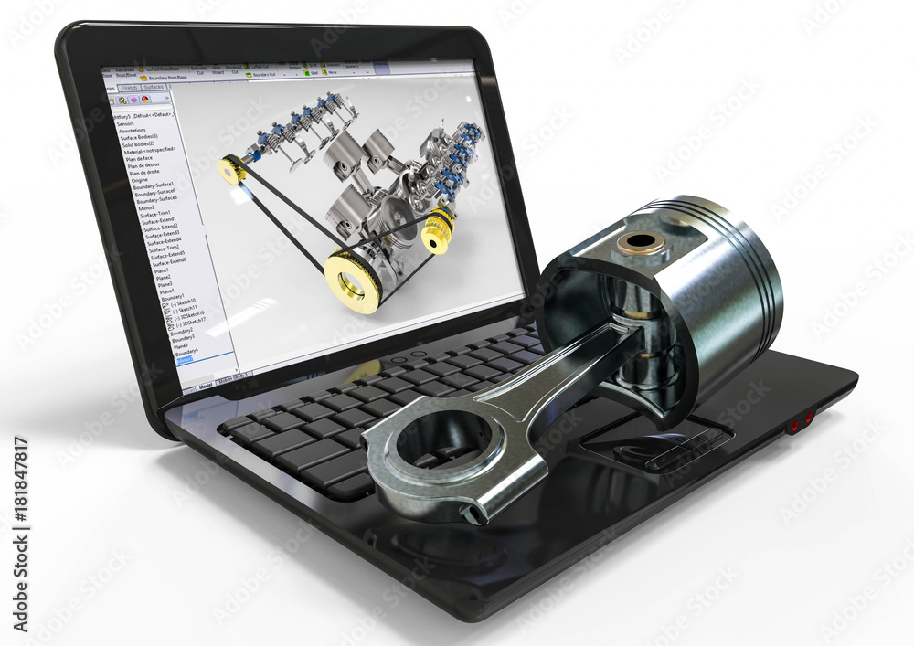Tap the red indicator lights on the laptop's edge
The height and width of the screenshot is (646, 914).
801,422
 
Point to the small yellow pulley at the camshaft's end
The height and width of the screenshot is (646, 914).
231,170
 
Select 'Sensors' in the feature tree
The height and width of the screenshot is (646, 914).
127,123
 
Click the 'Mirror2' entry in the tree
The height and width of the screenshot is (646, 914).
146,207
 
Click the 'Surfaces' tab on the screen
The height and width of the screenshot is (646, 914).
154,88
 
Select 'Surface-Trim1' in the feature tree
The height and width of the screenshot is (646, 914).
155,213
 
